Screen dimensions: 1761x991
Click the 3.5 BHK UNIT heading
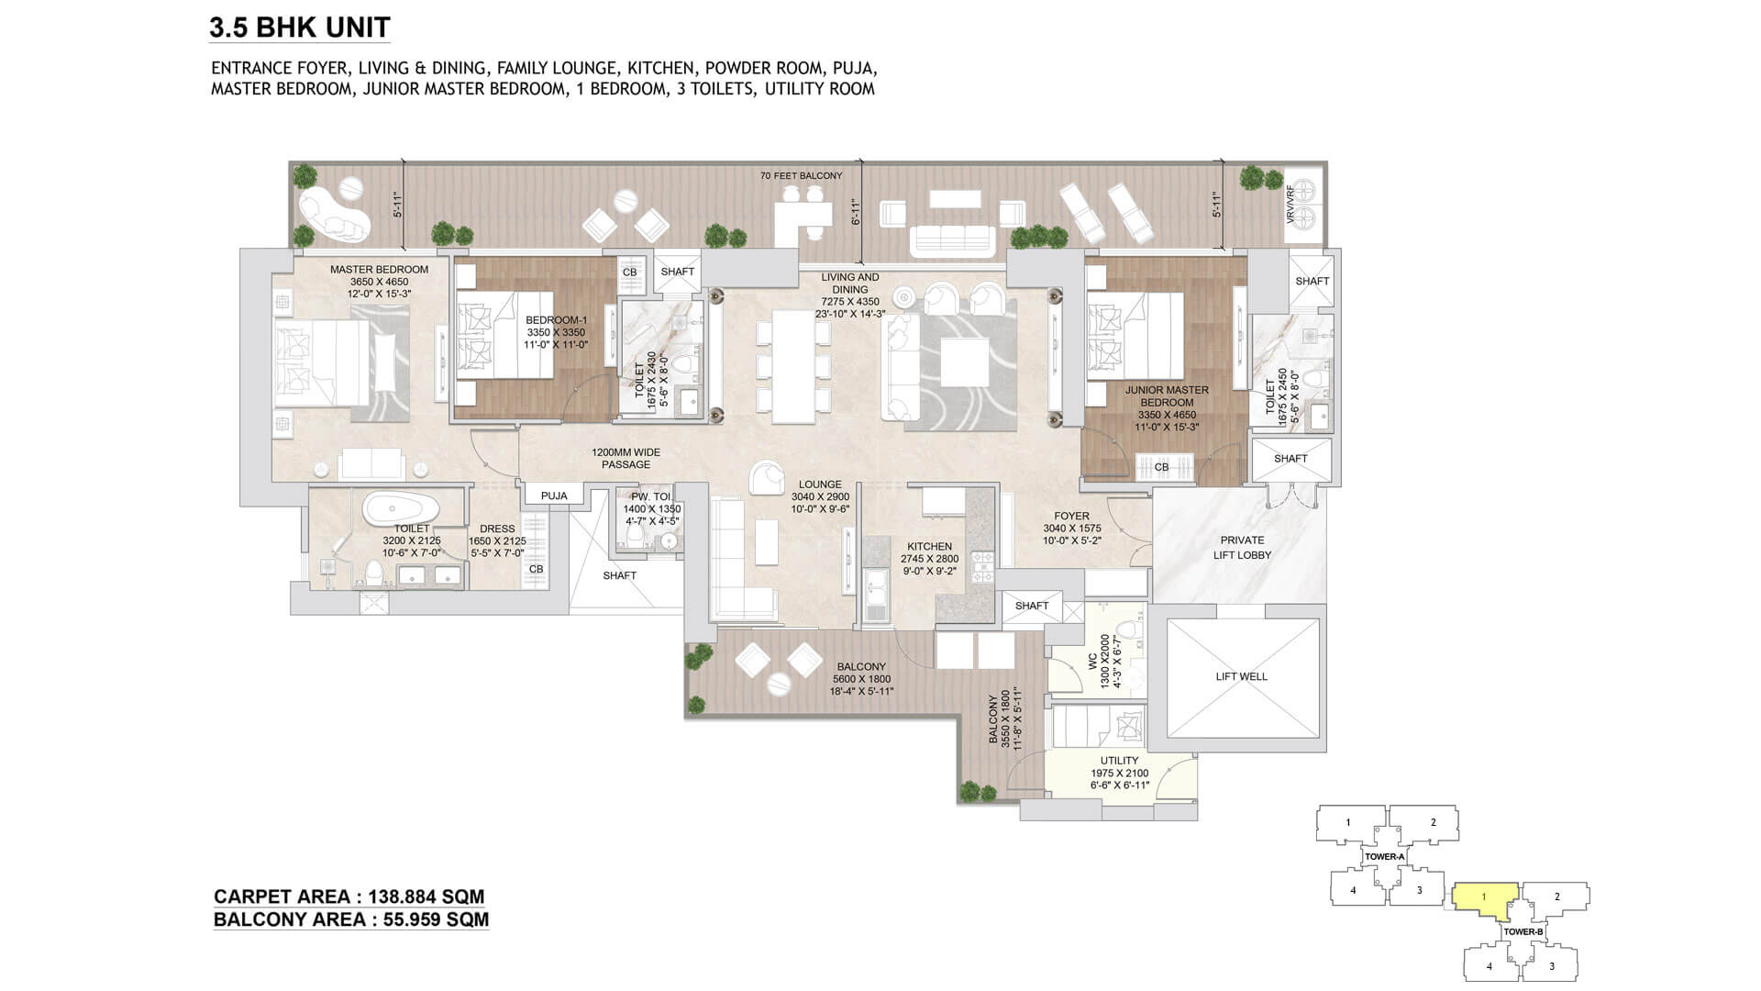[299, 28]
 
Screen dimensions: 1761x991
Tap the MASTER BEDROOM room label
[379, 270]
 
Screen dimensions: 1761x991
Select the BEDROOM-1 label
[556, 320]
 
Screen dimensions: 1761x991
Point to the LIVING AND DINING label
[849, 283]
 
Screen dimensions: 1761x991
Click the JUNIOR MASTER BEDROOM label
[1167, 396]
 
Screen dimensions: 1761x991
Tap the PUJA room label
[554, 495]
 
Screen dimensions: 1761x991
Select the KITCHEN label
[929, 546]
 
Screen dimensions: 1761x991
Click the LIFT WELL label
[1241, 676]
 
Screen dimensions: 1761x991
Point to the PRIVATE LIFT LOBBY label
[1243, 548]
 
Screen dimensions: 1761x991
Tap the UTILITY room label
[1119, 761]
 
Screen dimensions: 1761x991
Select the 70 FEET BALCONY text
[801, 175]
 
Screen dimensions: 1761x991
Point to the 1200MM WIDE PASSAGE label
[626, 459]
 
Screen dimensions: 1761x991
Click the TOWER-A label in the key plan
[1384, 857]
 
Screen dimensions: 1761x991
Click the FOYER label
[1071, 516]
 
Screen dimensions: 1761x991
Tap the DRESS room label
[497, 529]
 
